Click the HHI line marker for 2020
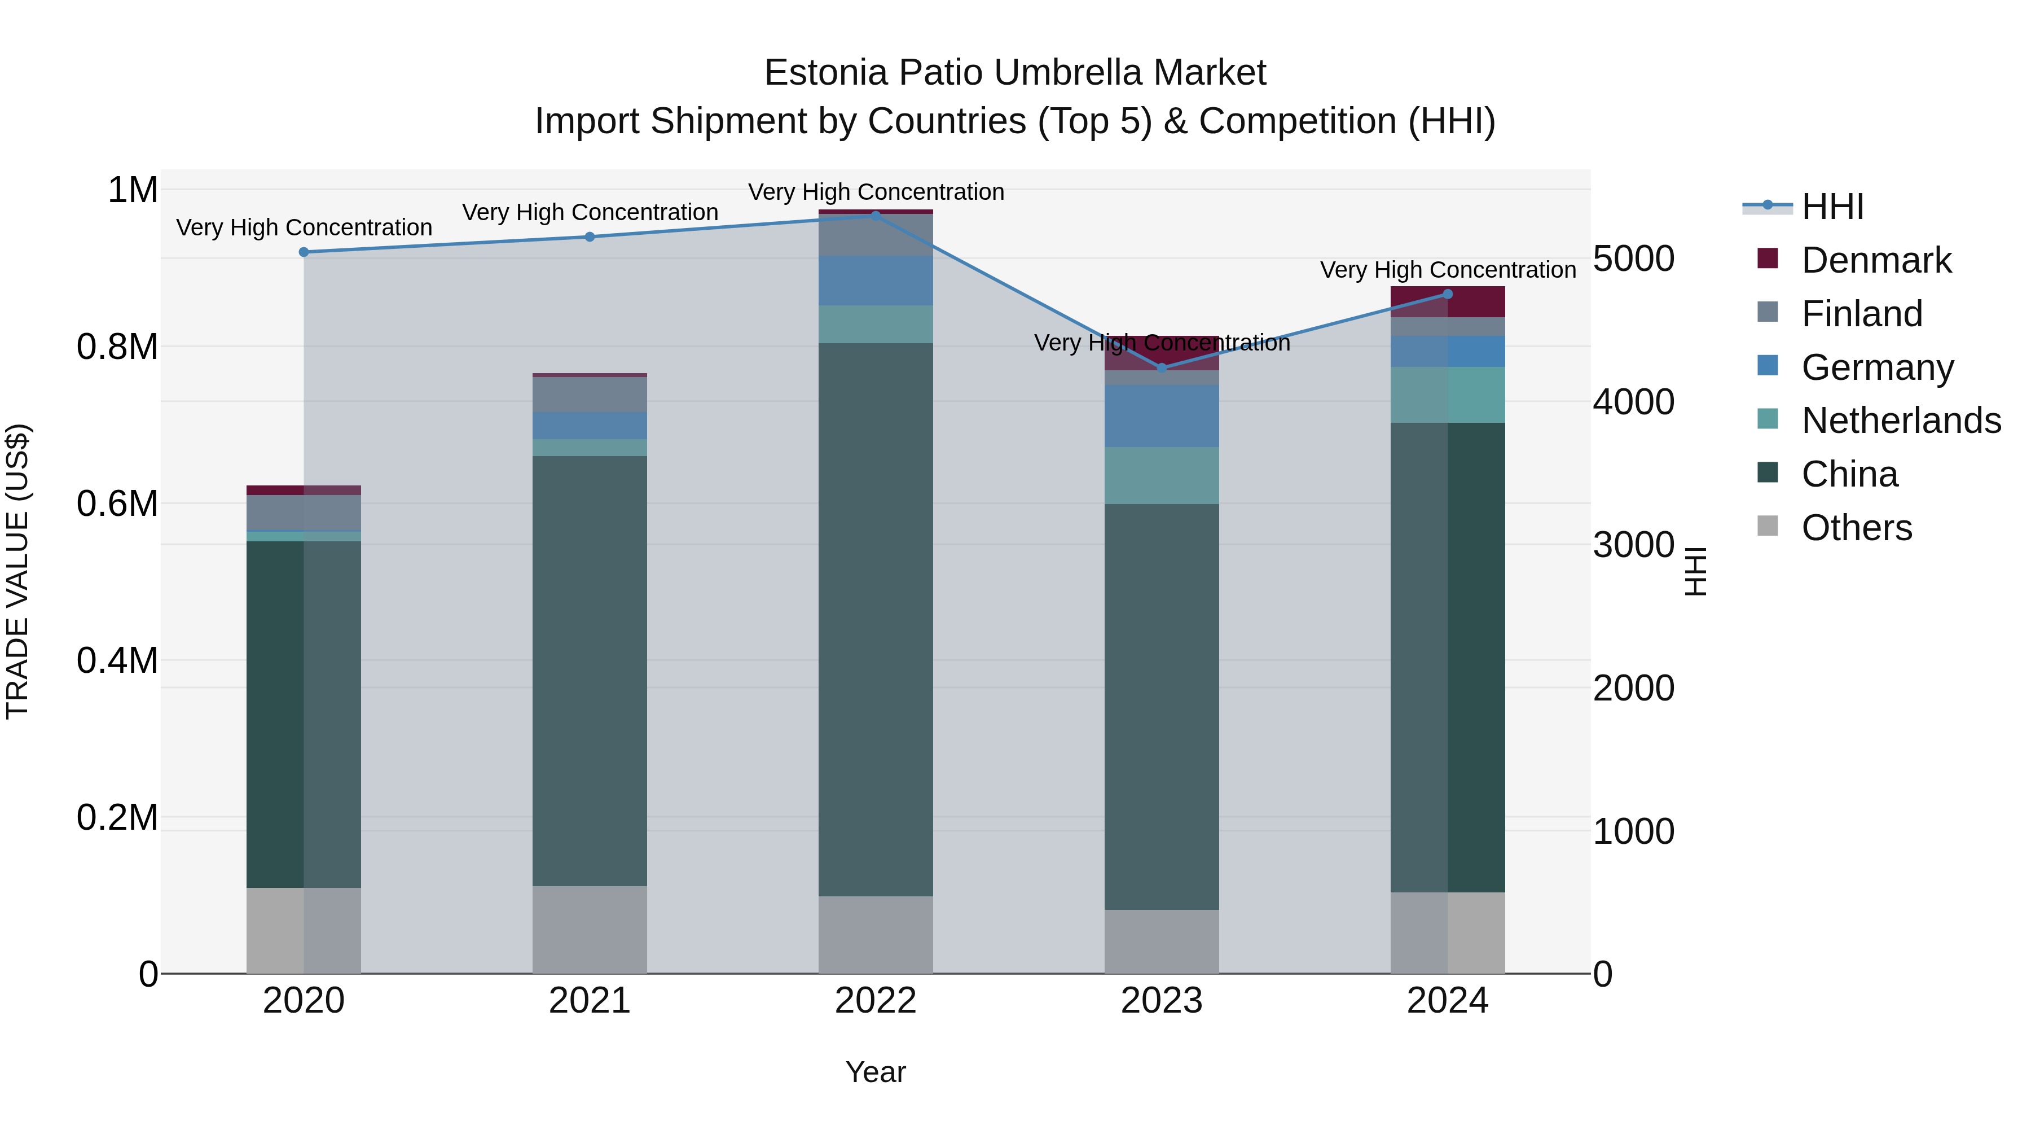[304, 252]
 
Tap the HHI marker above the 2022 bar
[875, 216]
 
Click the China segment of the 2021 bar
[590, 671]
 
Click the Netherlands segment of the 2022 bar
[875, 324]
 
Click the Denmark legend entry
[1876, 260]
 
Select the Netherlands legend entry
[1900, 421]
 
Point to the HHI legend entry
[1832, 207]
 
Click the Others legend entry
[1856, 528]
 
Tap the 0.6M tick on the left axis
[117, 503]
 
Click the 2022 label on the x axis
[875, 1001]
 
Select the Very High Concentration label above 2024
[1448, 270]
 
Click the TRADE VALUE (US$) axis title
[17, 571]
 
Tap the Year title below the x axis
[875, 1072]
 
